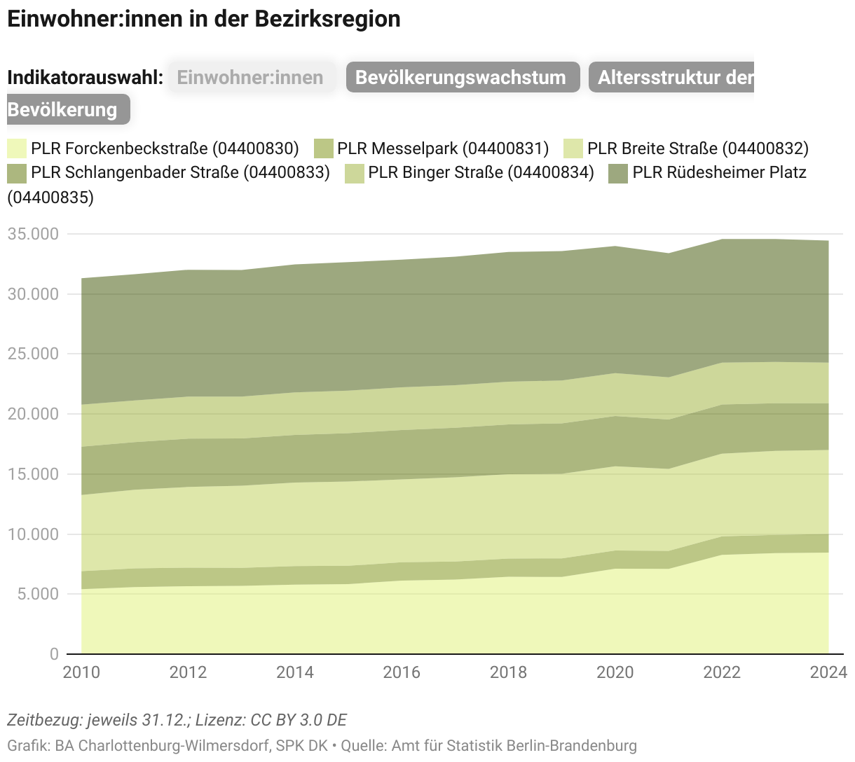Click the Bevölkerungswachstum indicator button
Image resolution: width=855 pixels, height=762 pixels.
(x=463, y=77)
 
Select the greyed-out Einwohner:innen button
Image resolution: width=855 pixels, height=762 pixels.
(x=251, y=77)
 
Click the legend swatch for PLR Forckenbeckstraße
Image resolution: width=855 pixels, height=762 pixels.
(x=17, y=148)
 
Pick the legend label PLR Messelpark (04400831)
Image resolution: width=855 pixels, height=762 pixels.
(x=442, y=148)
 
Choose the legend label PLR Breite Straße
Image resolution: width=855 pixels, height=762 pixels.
(x=697, y=148)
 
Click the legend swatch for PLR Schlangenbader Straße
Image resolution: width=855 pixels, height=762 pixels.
(x=17, y=172)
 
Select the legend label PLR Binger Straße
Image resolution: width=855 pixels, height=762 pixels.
(x=481, y=172)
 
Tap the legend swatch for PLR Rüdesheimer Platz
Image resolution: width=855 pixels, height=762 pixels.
(x=617, y=172)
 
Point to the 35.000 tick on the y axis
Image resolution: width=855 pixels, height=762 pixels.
(x=33, y=234)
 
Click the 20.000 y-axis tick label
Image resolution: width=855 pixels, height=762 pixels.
(x=33, y=414)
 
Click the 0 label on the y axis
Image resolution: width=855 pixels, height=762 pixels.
(x=54, y=654)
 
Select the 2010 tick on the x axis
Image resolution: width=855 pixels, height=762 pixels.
(x=81, y=672)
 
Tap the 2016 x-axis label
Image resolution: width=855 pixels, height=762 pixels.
(x=402, y=672)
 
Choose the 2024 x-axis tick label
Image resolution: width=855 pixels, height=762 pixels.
(x=828, y=672)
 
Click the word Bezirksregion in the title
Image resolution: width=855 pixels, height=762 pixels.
(x=327, y=19)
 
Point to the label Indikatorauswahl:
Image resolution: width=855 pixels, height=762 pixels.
(x=85, y=77)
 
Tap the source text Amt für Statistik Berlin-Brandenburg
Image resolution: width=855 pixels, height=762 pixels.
(x=514, y=745)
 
